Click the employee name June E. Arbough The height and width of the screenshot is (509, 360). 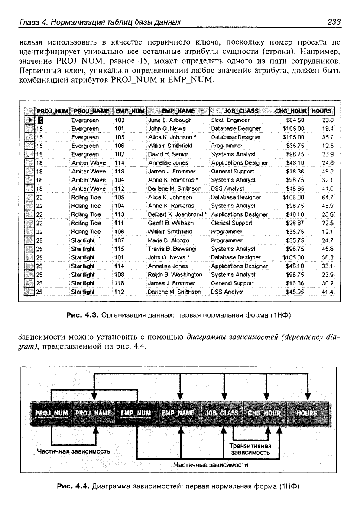coord(170,120)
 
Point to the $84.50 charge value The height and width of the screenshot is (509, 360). coord(296,120)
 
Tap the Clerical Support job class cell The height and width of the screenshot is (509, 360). coord(231,223)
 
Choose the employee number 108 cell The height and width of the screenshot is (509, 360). coord(120,274)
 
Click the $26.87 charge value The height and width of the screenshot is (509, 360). coord(296,223)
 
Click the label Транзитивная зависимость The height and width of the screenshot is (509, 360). coord(250,449)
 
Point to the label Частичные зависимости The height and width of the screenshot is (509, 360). coord(211,465)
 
